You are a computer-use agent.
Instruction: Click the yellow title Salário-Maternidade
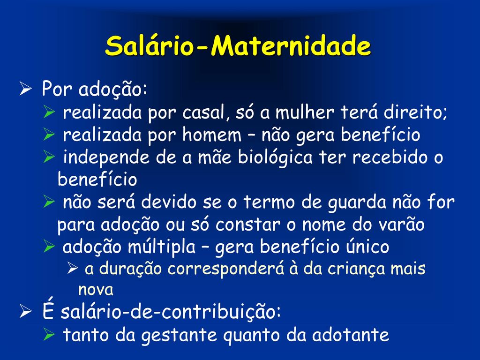(238, 46)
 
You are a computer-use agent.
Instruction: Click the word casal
(205, 112)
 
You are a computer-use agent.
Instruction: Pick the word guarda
(357, 202)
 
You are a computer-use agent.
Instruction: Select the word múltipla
(161, 247)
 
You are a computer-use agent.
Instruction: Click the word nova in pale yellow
(96, 290)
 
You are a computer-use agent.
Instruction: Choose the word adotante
(350, 335)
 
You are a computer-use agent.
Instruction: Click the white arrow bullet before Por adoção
(25, 89)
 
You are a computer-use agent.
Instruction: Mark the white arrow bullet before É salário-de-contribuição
(25, 312)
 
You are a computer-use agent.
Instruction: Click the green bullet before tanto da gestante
(49, 334)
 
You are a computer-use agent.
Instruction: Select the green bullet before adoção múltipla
(49, 246)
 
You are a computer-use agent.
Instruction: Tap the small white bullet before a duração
(73, 269)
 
